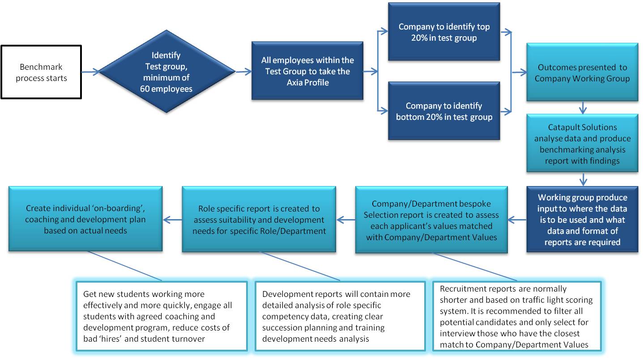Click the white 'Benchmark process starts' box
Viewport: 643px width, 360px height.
pyautogui.click(x=41, y=72)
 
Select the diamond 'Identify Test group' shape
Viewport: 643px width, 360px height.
pyautogui.click(x=166, y=72)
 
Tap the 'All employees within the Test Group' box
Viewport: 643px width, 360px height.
pyautogui.click(x=307, y=71)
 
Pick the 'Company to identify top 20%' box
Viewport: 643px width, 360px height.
pyautogui.click(x=444, y=32)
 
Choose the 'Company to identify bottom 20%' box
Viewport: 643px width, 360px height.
pyautogui.click(x=444, y=111)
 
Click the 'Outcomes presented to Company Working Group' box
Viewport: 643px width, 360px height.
pyautogui.click(x=582, y=72)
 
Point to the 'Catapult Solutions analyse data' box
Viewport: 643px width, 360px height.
pyautogui.click(x=582, y=143)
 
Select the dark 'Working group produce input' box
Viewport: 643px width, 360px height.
pyautogui.click(x=582, y=220)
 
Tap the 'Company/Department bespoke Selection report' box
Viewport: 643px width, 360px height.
pyautogui.click(x=431, y=220)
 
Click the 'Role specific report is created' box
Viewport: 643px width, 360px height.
pyautogui.click(x=259, y=220)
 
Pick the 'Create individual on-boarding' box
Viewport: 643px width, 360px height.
pyautogui.click(x=85, y=219)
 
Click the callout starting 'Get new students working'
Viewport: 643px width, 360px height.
pyautogui.click(x=162, y=316)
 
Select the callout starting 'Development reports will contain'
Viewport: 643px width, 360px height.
pyautogui.click(x=340, y=316)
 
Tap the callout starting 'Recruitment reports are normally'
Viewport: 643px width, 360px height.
pyautogui.click(x=517, y=316)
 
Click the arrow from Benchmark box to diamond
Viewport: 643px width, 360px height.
pyautogui.click(x=90, y=72)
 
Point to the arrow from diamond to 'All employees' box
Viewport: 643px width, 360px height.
pyautogui.click(x=244, y=72)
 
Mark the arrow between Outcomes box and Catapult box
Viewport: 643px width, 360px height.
pyautogui.click(x=583, y=108)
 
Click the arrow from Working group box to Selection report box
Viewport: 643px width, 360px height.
pyautogui.click(x=517, y=220)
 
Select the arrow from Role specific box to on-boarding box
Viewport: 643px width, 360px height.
pyautogui.click(x=173, y=220)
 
